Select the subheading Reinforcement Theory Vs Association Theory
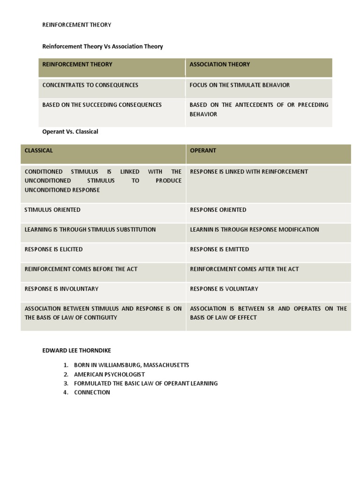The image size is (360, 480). click(103, 46)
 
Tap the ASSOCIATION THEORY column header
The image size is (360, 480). click(219, 64)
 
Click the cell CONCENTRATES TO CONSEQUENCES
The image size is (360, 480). click(90, 85)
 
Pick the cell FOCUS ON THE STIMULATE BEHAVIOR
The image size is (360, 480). click(240, 85)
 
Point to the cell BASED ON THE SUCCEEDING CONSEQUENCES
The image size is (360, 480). click(102, 105)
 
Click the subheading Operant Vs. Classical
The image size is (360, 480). click(70, 132)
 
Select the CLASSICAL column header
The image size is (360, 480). click(38, 150)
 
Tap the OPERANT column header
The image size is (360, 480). click(203, 150)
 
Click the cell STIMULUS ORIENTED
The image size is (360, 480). click(52, 210)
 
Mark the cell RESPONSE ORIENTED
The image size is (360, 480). click(218, 210)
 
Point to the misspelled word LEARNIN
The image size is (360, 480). click(202, 229)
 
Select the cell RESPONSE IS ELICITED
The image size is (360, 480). click(53, 249)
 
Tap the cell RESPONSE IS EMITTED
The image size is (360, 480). click(219, 249)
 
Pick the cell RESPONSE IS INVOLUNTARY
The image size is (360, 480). click(61, 289)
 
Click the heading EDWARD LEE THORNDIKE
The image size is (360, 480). click(77, 350)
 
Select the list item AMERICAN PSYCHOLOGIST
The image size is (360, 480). click(109, 375)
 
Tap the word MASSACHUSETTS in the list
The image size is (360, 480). click(166, 365)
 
